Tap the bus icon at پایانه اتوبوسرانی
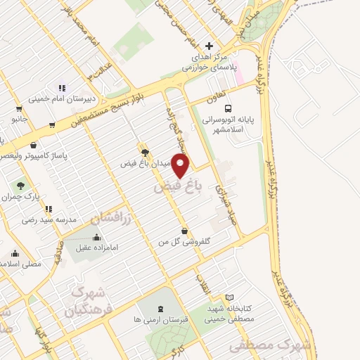(228, 108)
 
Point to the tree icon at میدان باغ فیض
(145, 152)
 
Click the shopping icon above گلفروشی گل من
(184, 231)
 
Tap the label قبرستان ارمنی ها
(162, 319)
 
